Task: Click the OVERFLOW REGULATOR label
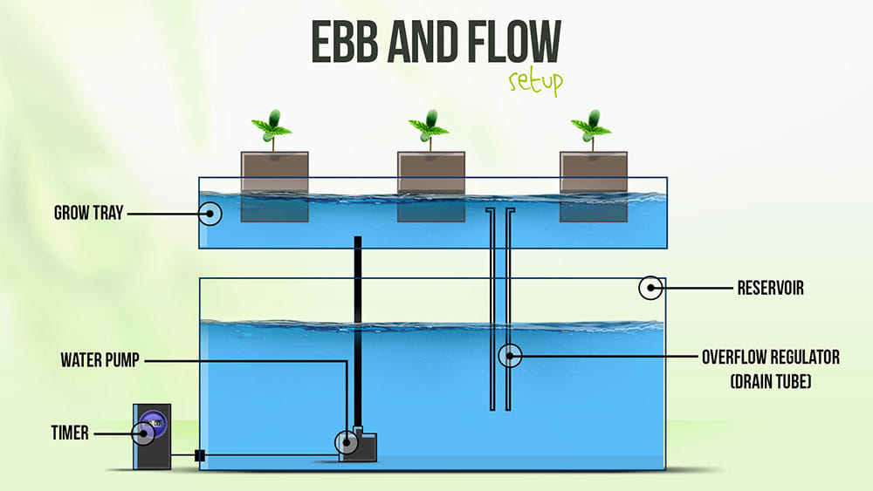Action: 770,358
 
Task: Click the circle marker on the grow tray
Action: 210,213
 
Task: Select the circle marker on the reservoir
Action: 650,288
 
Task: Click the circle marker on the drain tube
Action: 509,355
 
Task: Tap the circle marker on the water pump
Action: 348,443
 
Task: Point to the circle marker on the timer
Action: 143,432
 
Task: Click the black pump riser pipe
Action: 358,331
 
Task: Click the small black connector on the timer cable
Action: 199,455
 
